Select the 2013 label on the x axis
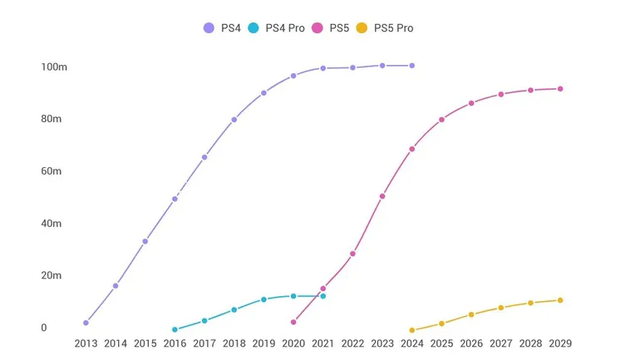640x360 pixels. pyautogui.click(x=86, y=343)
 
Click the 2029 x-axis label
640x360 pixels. pyautogui.click(x=560, y=343)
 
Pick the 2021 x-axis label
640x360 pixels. pyautogui.click(x=322, y=343)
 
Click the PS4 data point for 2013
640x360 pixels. pyautogui.click(x=86, y=323)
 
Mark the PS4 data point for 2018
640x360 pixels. pyautogui.click(x=234, y=120)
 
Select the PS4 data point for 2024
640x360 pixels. pyautogui.click(x=412, y=66)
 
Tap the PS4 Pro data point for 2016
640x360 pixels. pyautogui.click(x=175, y=329)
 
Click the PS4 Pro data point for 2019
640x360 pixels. pyautogui.click(x=263, y=299)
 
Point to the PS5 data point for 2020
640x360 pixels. pyautogui.click(x=293, y=322)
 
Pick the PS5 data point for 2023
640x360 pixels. pyautogui.click(x=382, y=196)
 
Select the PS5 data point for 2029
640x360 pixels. pyautogui.click(x=560, y=89)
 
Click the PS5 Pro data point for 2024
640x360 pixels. pyautogui.click(x=412, y=330)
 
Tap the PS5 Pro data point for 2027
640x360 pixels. pyautogui.click(x=501, y=308)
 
